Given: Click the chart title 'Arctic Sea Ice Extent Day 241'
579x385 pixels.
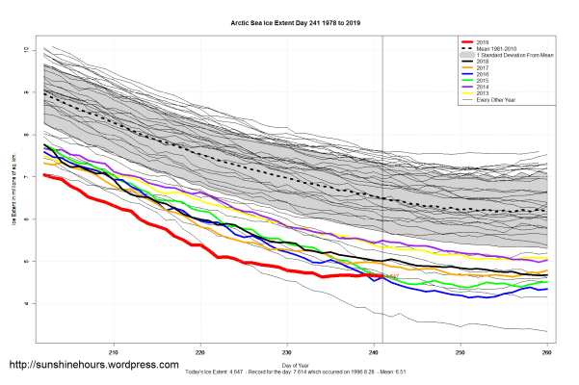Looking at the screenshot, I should click(x=289, y=19).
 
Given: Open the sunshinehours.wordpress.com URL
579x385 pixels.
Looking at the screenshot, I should click(x=93, y=366).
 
